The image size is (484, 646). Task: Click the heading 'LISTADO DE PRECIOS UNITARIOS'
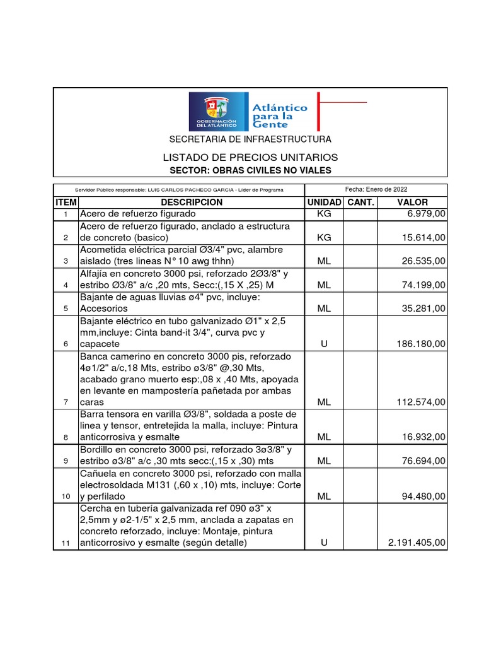coord(250,157)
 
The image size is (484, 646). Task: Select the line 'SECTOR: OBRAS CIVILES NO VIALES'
coord(250,170)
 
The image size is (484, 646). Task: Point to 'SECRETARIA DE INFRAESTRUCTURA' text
coord(250,139)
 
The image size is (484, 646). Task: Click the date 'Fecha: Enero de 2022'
coord(376,189)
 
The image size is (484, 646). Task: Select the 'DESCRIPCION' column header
coord(192,202)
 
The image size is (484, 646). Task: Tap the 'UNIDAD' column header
coord(324,202)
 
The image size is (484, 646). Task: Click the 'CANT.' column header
coord(361,202)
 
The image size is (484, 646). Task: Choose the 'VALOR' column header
coord(413,202)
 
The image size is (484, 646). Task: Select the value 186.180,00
coord(420,344)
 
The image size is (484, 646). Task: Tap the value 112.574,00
coord(420,402)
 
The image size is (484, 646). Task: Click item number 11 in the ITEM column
coord(66,543)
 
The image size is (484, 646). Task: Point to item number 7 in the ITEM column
coord(66,402)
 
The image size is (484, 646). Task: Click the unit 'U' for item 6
coord(324,344)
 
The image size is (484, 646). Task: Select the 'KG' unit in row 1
coord(324,214)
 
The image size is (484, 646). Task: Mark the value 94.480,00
coord(423,496)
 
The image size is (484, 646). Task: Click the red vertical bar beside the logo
coord(318,112)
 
